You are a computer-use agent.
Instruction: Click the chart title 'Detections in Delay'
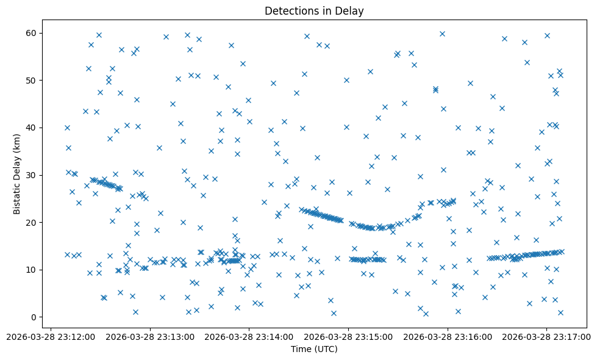[314, 11]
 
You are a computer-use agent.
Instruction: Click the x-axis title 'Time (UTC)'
[314, 349]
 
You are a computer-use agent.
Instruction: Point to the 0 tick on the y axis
[34, 317]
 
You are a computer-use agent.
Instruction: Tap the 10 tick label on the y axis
[31, 270]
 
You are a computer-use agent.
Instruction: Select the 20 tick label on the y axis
[31, 222]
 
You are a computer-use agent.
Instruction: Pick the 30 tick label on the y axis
[31, 175]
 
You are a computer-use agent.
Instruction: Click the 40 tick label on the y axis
[31, 128]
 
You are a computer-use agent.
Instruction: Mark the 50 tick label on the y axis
[31, 80]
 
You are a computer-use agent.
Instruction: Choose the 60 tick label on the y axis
[31, 33]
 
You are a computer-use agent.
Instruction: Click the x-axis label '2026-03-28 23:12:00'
[51, 336]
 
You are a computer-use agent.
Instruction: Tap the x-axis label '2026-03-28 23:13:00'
[150, 336]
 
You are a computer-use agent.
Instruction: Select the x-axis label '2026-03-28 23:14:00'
[249, 336]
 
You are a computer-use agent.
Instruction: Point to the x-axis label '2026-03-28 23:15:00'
[348, 336]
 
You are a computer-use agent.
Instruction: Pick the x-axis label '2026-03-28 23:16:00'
[448, 336]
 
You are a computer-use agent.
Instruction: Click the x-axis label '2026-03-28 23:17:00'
[546, 336]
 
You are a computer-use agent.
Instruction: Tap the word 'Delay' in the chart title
[351, 11]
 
